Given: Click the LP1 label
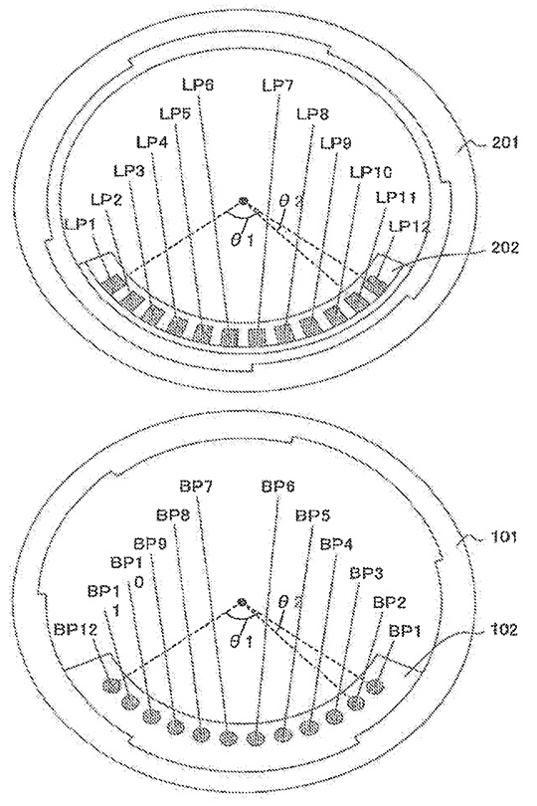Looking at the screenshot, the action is point(81,224).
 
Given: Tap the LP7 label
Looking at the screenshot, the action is point(277,85).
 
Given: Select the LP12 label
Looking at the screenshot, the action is point(409,226).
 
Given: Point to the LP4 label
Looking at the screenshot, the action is point(152,141).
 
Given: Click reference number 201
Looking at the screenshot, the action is point(505,142).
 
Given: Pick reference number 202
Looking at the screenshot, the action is point(505,248).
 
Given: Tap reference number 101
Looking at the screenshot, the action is point(505,537).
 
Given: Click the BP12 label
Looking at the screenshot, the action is point(75,629).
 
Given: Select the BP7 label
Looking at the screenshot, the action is point(196,486).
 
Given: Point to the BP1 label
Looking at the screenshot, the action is point(405,631).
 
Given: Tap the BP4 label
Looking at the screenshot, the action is point(336,544).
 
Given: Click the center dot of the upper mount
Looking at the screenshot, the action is point(243,201).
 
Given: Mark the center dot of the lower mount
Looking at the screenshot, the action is point(241,602).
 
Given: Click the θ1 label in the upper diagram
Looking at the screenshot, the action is point(242,240).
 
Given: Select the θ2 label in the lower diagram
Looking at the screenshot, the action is point(285,600).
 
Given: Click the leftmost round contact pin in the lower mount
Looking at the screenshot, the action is point(111,685).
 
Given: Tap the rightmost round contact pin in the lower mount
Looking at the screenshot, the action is point(377,686).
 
